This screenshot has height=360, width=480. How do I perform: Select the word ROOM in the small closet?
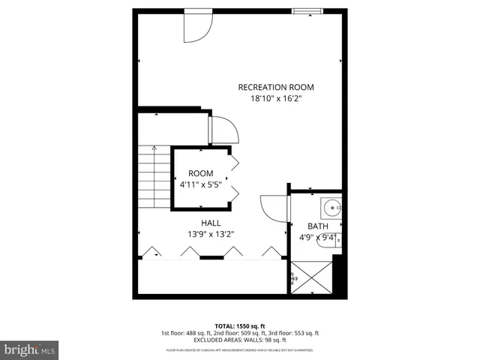pos(200,172)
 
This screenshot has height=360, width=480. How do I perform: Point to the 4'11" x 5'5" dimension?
pos(200,184)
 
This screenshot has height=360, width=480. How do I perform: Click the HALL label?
pos(210,223)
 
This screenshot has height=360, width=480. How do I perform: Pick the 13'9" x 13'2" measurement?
pos(210,234)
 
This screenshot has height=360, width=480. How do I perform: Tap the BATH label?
pos(318,226)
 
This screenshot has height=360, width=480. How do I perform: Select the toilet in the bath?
pos(328,240)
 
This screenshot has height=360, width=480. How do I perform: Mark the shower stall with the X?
pos(310,277)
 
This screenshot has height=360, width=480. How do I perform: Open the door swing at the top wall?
pos(197,26)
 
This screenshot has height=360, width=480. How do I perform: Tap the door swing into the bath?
pos(273,208)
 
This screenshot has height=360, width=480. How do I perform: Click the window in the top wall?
pos(307,10)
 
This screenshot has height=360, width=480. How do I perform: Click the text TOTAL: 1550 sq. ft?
pos(240,325)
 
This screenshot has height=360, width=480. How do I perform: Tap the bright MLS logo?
pos(28,349)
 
